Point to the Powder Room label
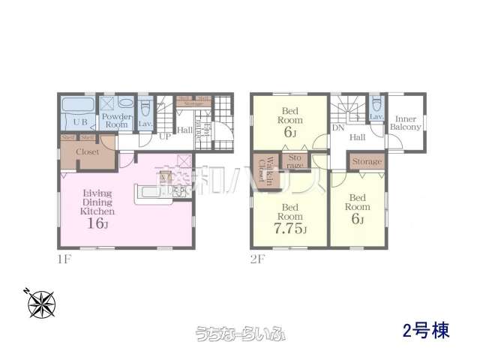(117, 121)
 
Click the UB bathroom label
(79, 121)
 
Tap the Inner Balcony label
(406, 122)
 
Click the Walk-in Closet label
(264, 172)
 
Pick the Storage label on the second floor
(367, 162)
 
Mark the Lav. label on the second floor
(376, 117)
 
